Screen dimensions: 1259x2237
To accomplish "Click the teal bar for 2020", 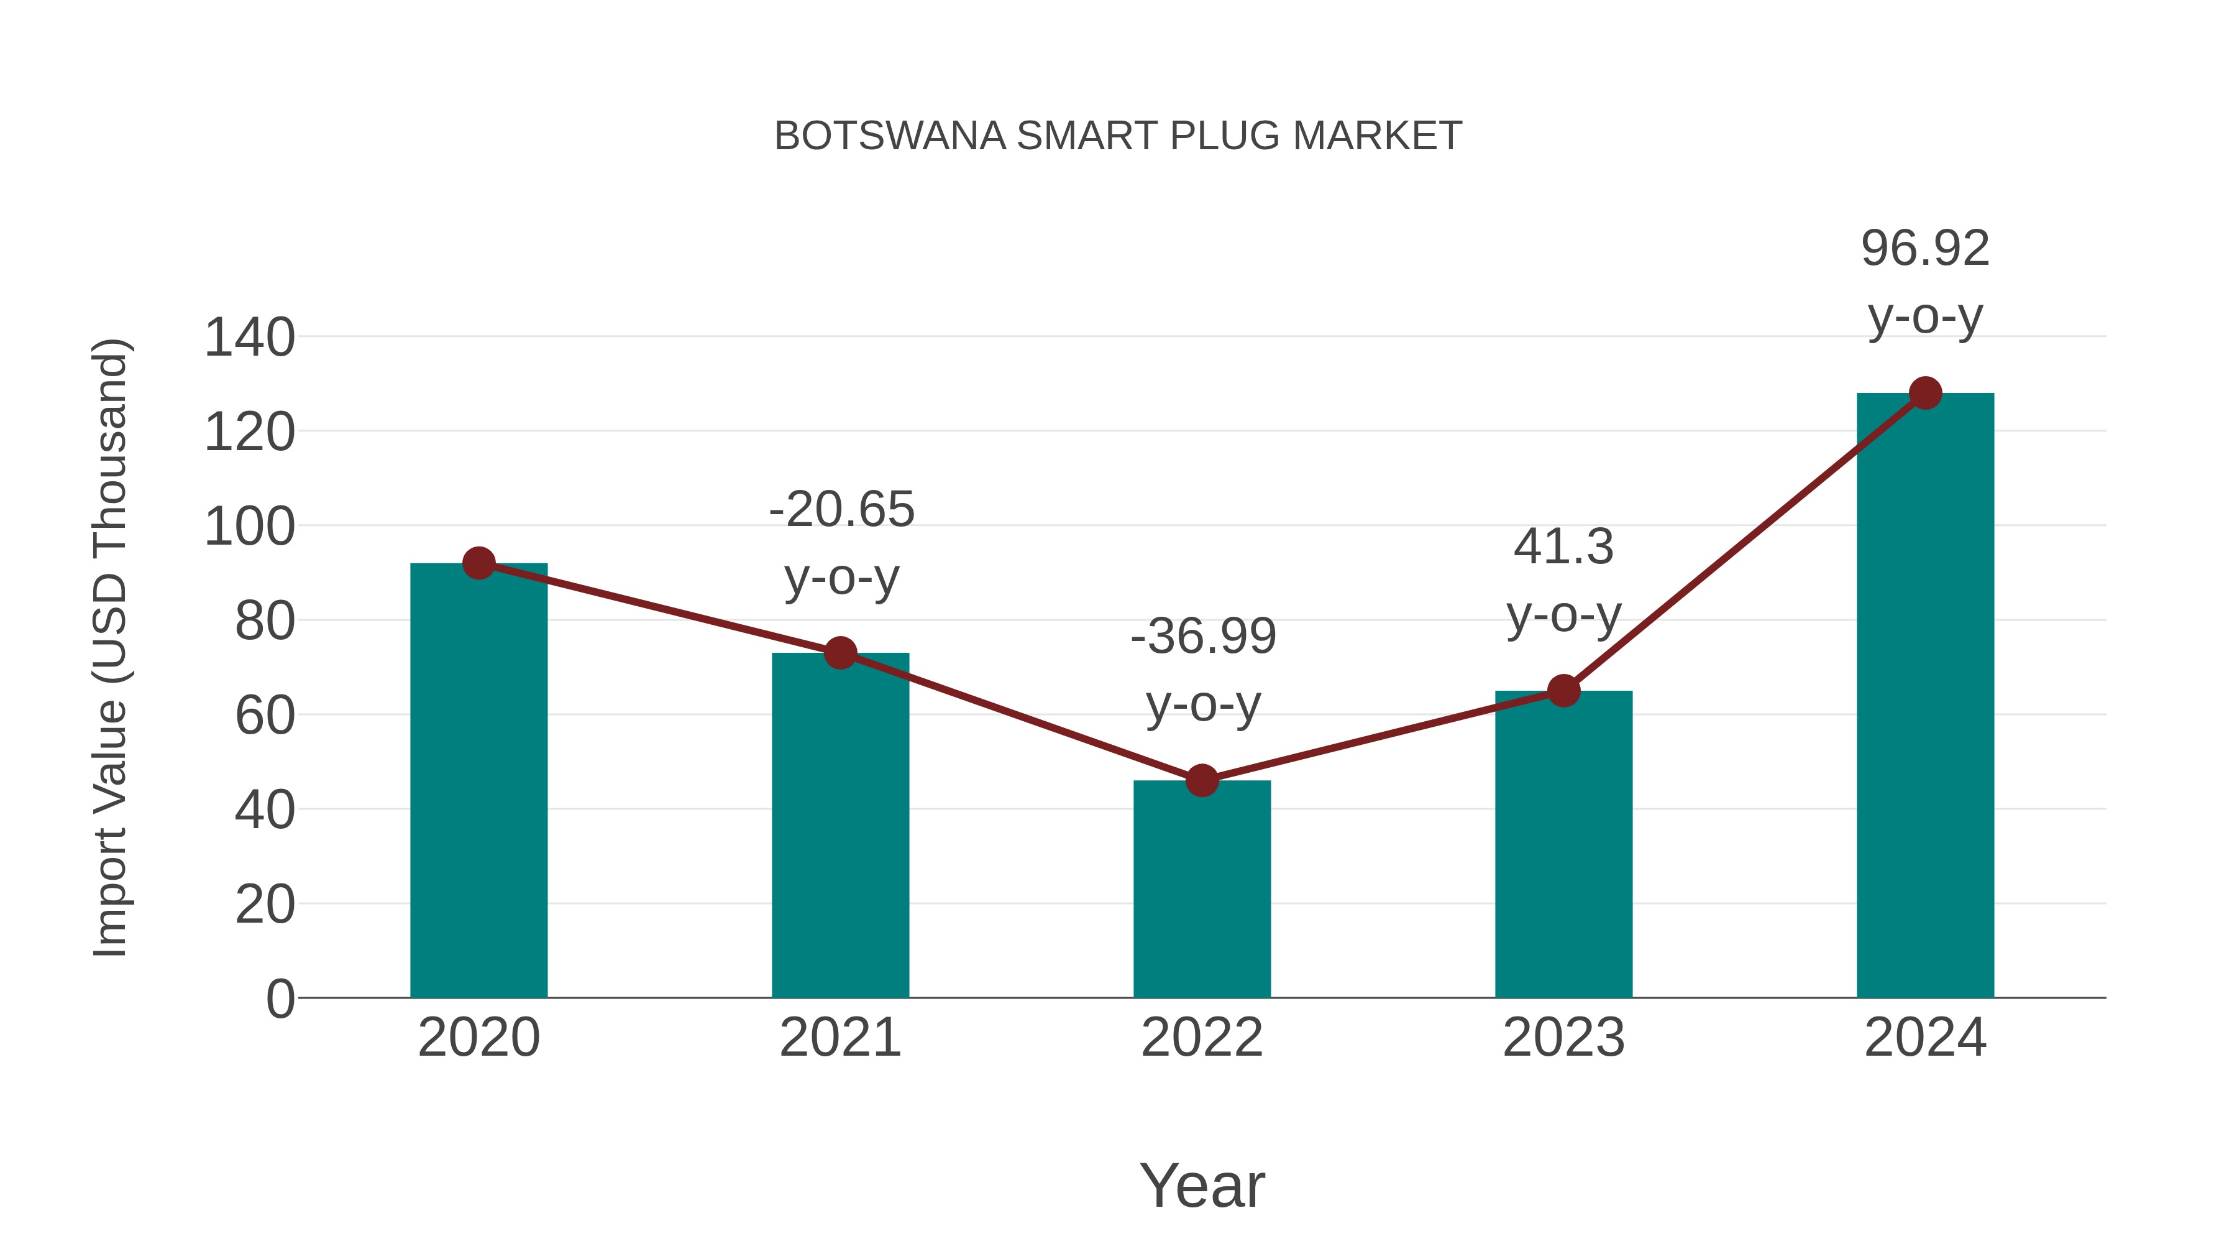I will click(x=478, y=782).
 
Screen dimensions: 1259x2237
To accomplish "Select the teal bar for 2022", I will click(x=1202, y=890).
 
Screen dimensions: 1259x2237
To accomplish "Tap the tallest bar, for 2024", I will click(x=1925, y=695).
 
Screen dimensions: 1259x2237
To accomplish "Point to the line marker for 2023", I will click(x=1563, y=691).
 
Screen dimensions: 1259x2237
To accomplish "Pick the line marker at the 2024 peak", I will click(x=1925, y=394).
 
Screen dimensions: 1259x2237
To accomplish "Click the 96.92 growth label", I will click(x=1925, y=249).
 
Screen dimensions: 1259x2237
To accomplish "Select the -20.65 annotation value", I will click(x=841, y=509).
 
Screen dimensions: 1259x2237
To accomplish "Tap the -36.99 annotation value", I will click(x=1204, y=636).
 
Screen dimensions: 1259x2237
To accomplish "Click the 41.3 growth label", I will click(x=1563, y=547).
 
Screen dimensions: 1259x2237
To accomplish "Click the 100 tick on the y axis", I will click(x=249, y=527).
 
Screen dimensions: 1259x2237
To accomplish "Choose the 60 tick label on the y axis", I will click(x=265, y=716).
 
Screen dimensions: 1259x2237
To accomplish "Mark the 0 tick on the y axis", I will click(x=280, y=999).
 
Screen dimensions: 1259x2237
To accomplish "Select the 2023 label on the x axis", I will click(x=1563, y=1038).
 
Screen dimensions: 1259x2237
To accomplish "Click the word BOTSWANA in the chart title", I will click(x=889, y=136).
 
